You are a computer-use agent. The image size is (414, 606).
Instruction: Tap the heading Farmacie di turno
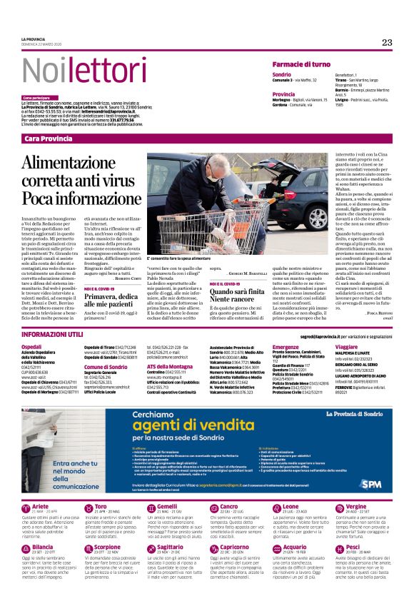[301, 64]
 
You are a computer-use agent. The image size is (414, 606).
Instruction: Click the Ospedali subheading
[32, 346]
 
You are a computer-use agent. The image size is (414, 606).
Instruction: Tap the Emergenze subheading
[286, 346]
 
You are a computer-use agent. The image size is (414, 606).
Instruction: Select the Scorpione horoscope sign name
[107, 547]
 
